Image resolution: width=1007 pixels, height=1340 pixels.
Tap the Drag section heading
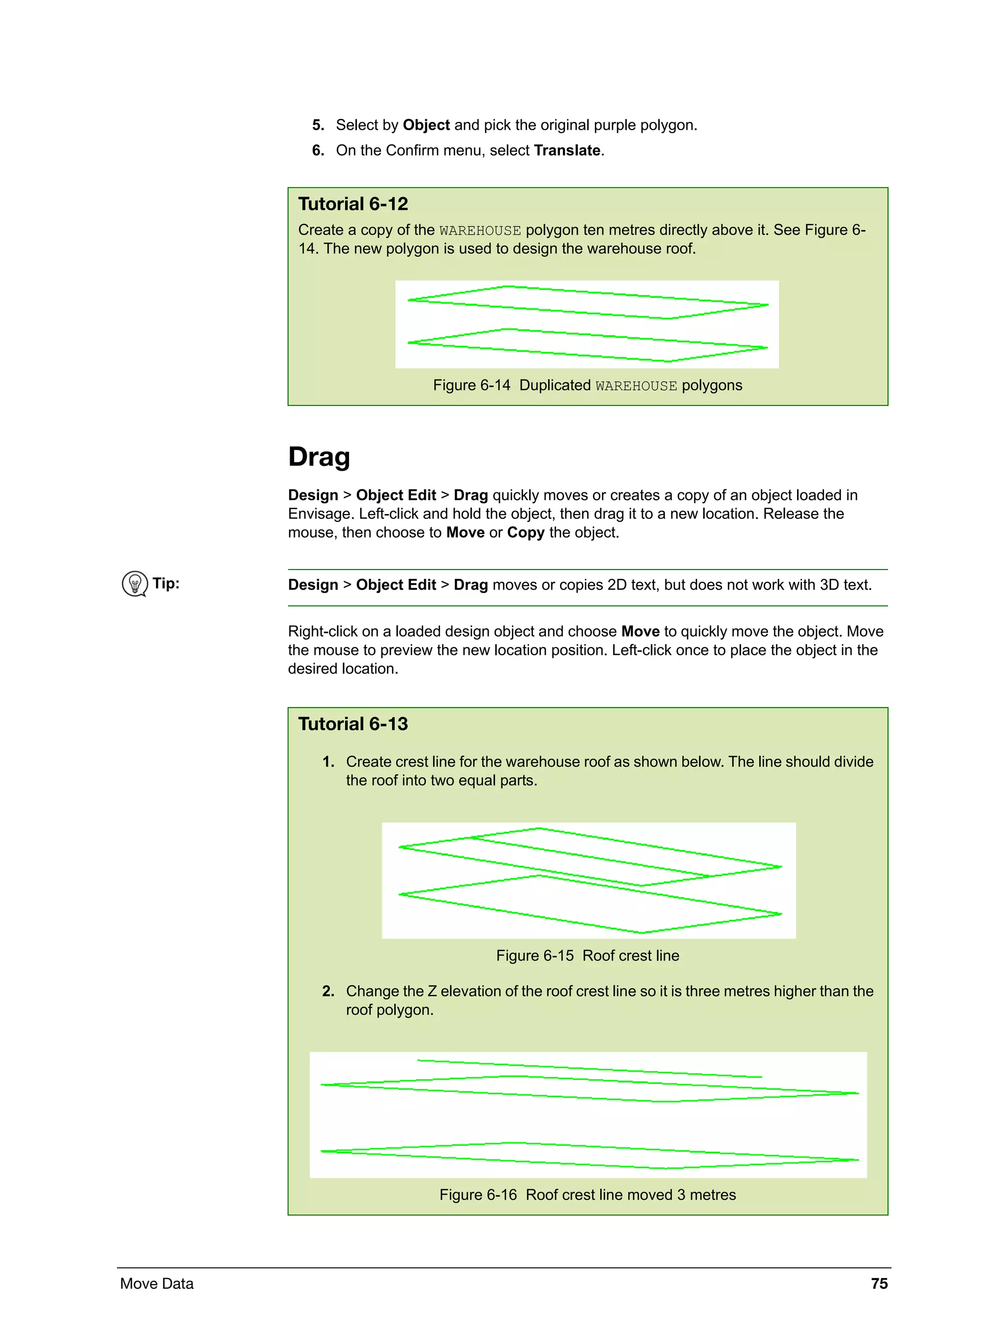pos(319,457)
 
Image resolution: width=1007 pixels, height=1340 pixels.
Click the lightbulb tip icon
pos(135,583)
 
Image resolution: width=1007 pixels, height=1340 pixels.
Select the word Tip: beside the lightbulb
pos(166,583)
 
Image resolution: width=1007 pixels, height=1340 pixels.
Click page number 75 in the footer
pos(879,1283)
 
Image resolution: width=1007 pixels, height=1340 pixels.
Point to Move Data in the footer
pos(156,1283)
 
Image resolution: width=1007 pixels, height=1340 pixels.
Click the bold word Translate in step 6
pos(567,150)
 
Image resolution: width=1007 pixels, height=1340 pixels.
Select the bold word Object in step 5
pos(426,125)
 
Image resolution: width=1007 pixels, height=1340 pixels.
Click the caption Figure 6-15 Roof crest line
pos(587,955)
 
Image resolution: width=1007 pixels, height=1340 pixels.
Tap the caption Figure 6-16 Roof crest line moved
pos(587,1195)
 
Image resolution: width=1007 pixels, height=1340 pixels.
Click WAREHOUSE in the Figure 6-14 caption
pos(635,386)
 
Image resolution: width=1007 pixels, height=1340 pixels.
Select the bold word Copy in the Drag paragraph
pos(526,533)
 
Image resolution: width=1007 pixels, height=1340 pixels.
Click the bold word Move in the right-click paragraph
pos(640,631)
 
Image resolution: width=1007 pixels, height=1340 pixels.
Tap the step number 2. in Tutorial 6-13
pos(328,991)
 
